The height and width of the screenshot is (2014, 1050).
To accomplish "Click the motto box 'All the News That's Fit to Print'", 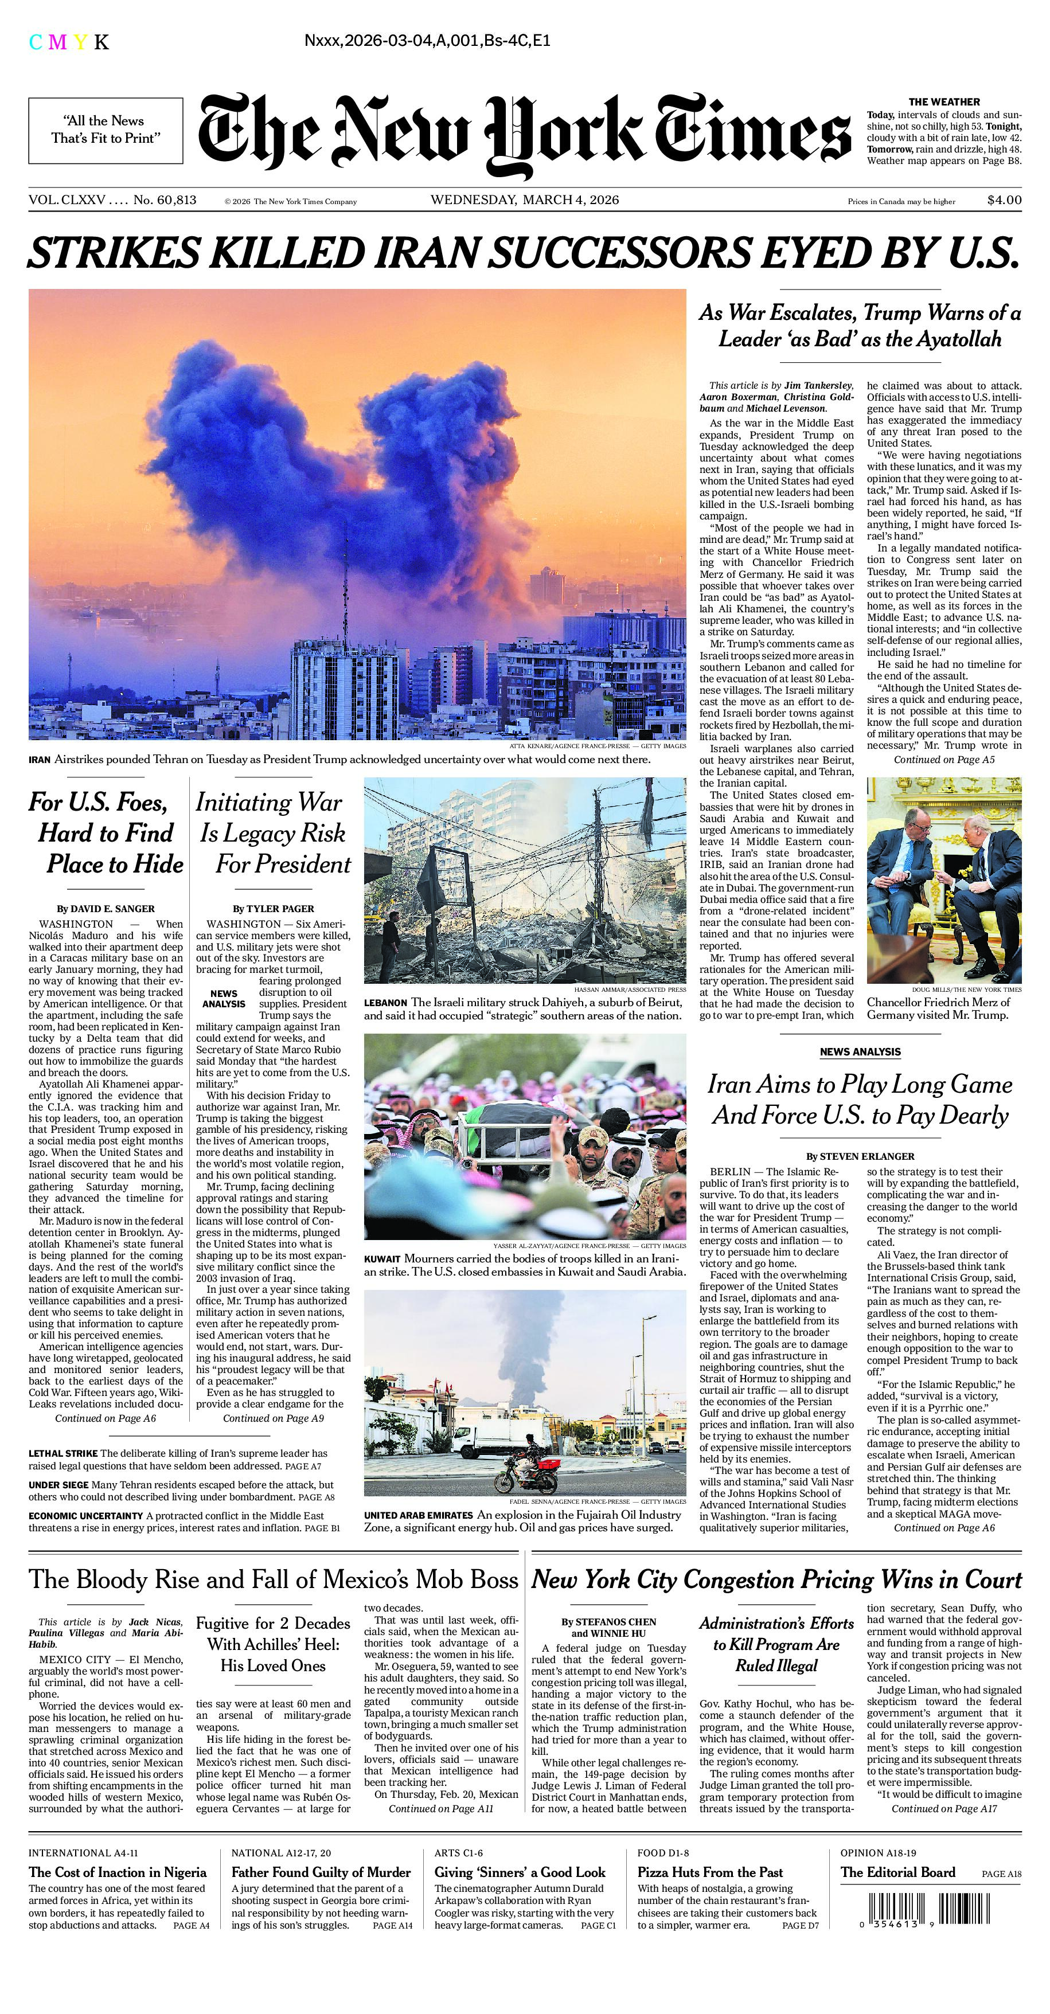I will coord(106,130).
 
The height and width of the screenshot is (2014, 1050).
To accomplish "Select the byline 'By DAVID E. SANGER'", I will coord(106,909).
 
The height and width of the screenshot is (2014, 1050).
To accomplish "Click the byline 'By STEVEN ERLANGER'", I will coord(860,1156).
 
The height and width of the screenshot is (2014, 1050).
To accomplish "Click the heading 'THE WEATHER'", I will coord(944,101).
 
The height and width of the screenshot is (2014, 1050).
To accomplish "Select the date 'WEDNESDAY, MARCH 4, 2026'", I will coord(525,200).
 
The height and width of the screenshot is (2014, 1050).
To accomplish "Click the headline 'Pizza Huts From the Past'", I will coord(710,1872).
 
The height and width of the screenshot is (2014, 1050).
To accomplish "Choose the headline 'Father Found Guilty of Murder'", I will coord(321,1872).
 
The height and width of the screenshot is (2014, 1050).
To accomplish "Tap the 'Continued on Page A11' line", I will coord(441,1808).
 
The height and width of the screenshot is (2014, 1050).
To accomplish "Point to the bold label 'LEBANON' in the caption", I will coord(385,1002).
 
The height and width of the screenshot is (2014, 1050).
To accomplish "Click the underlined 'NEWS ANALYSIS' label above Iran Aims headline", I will coord(860,1051).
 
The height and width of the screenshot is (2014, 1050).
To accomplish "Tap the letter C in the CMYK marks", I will coord(35,42).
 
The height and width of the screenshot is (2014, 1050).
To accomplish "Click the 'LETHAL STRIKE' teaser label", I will coord(63,1453).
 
